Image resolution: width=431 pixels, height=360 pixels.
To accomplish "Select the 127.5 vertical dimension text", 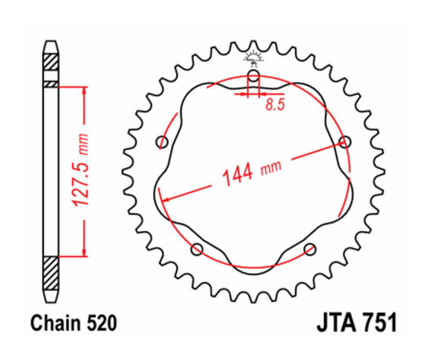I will [x=81, y=184].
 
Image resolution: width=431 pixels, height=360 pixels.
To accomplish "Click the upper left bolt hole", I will [x=163, y=142].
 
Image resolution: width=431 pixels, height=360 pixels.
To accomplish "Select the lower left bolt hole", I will [x=196, y=249].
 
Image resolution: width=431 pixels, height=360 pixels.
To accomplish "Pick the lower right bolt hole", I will [x=310, y=249].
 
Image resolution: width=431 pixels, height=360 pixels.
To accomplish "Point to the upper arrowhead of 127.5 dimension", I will [x=84, y=91].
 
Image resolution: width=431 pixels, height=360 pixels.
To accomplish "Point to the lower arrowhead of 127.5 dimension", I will [x=84, y=252].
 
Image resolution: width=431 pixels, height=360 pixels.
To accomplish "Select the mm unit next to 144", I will [x=271, y=167].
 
